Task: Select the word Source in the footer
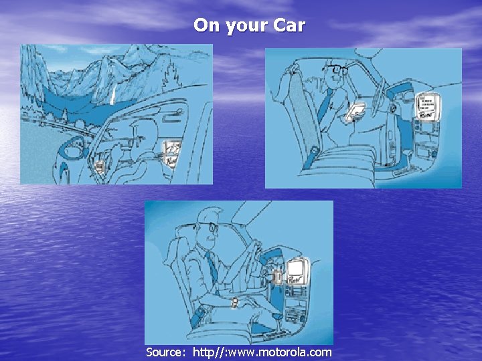tap(163, 352)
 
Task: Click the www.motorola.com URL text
tap(262, 352)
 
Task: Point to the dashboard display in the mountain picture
tap(172, 153)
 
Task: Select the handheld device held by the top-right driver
tap(355, 112)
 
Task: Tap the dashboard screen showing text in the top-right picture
tap(428, 106)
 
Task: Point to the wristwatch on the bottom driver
tap(235, 303)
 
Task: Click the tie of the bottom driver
tap(212, 267)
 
